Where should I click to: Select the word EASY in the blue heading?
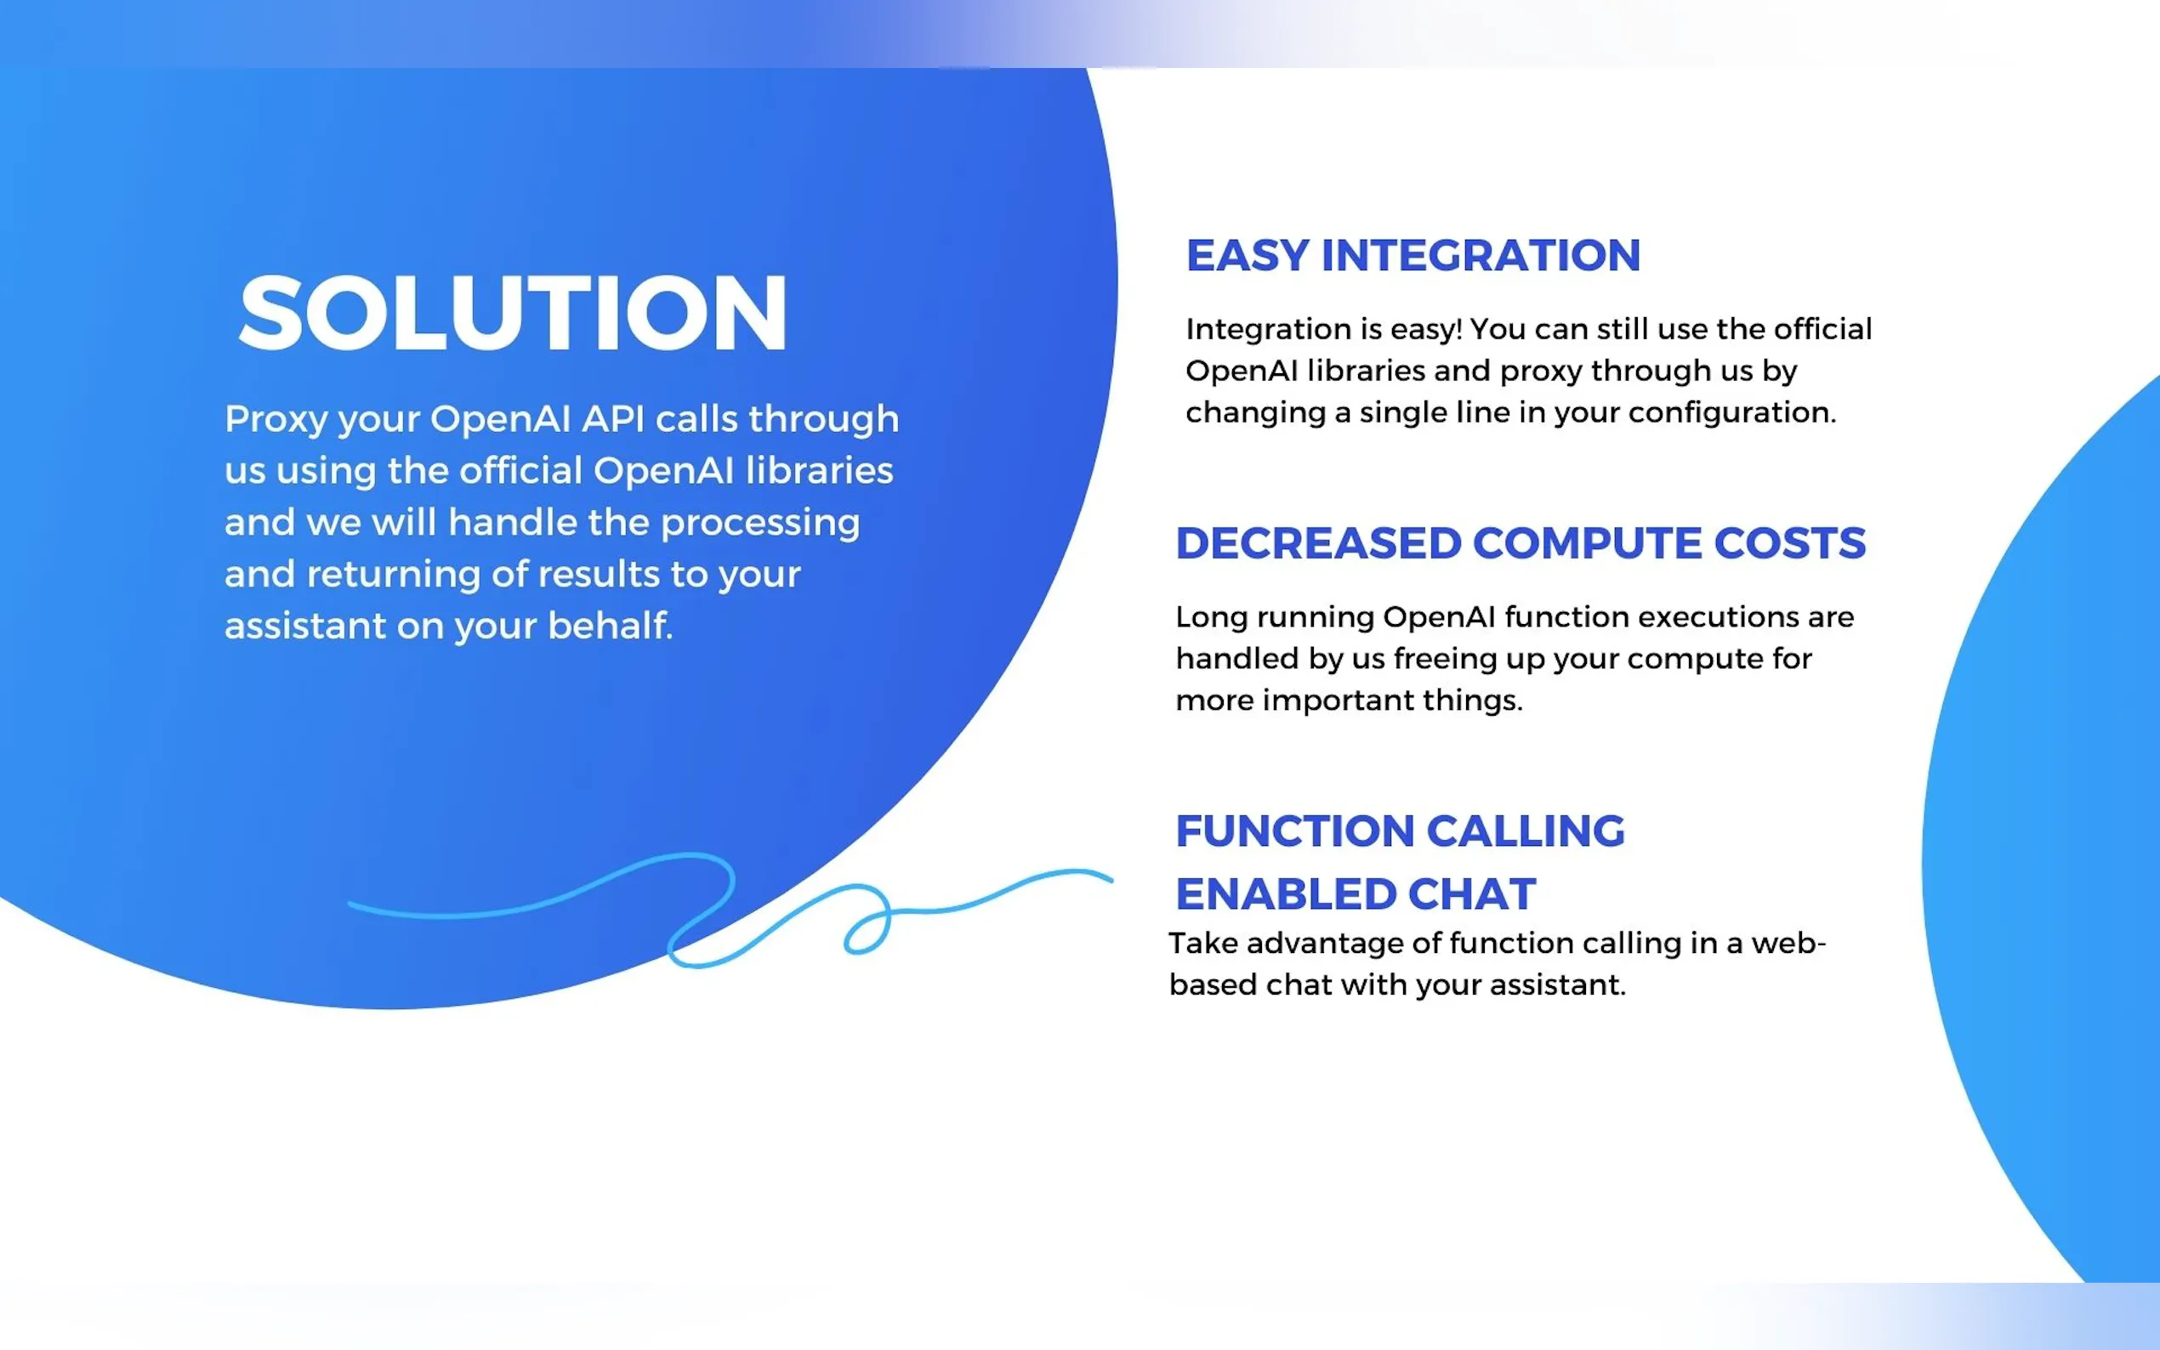1248,255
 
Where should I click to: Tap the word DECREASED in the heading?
1318,543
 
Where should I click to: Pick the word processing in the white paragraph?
760,523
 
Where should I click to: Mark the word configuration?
1732,412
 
